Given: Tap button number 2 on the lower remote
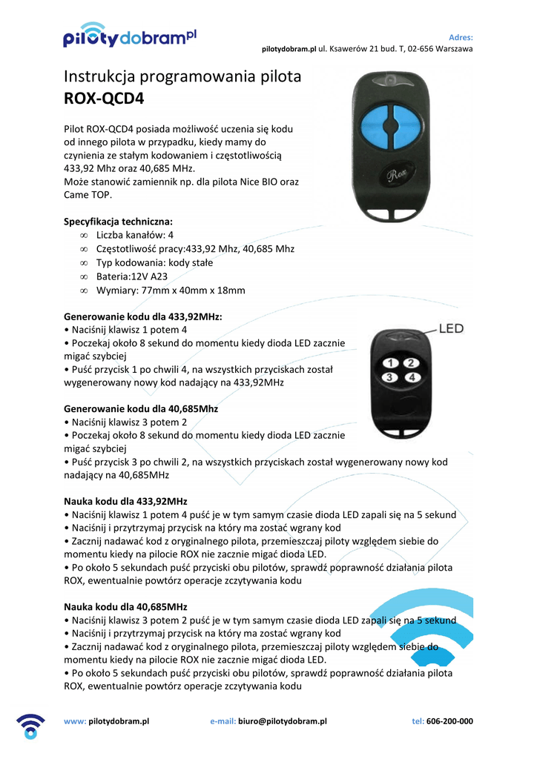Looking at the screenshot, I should [x=413, y=363].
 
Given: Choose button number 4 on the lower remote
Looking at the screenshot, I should [x=413, y=378].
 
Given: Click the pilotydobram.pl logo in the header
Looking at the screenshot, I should [x=130, y=37].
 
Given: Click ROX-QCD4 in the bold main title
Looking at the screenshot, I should [x=104, y=99].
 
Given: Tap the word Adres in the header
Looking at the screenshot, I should [x=461, y=37].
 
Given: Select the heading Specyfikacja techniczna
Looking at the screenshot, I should [x=118, y=222].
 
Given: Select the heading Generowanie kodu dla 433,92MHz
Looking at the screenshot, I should [x=143, y=316].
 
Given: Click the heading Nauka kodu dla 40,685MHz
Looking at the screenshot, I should [x=125, y=606].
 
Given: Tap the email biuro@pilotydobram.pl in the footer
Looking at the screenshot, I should [x=283, y=721].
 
